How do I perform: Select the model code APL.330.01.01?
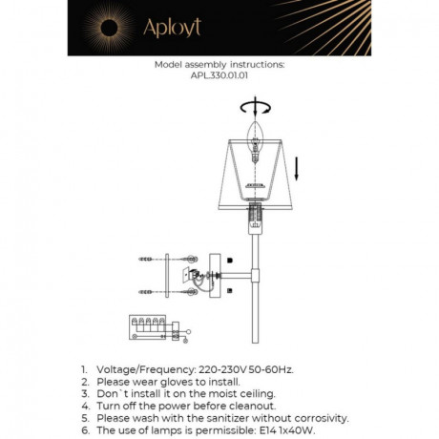pyautogui.click(x=219, y=77)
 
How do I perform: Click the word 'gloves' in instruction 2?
pyautogui.click(x=186, y=381)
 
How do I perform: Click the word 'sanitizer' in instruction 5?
pyautogui.click(x=240, y=418)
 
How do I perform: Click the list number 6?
pyautogui.click(x=84, y=430)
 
